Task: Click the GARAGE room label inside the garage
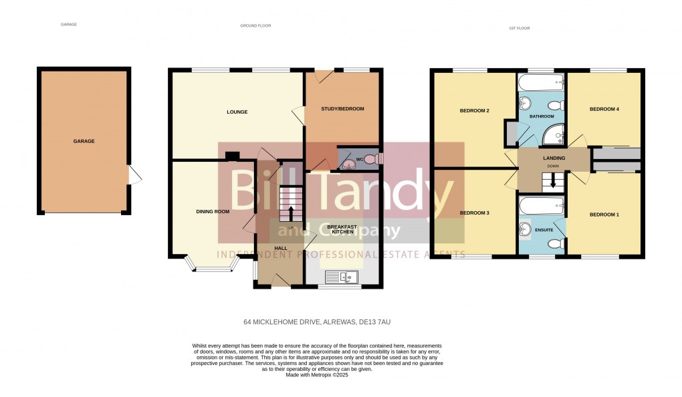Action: coord(84,141)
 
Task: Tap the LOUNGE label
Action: coord(237,112)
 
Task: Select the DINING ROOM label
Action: coord(213,211)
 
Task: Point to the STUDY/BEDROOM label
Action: coord(342,109)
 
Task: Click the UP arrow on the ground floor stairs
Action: coord(291,213)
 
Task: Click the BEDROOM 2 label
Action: coord(475,110)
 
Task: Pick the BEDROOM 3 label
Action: coord(475,213)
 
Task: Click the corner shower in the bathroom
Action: coord(554,137)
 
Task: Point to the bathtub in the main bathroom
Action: coord(541,84)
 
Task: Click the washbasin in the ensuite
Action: coord(525,229)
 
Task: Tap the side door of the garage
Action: coord(134,176)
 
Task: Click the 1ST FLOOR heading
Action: coord(519,28)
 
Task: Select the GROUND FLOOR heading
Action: coord(255,25)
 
